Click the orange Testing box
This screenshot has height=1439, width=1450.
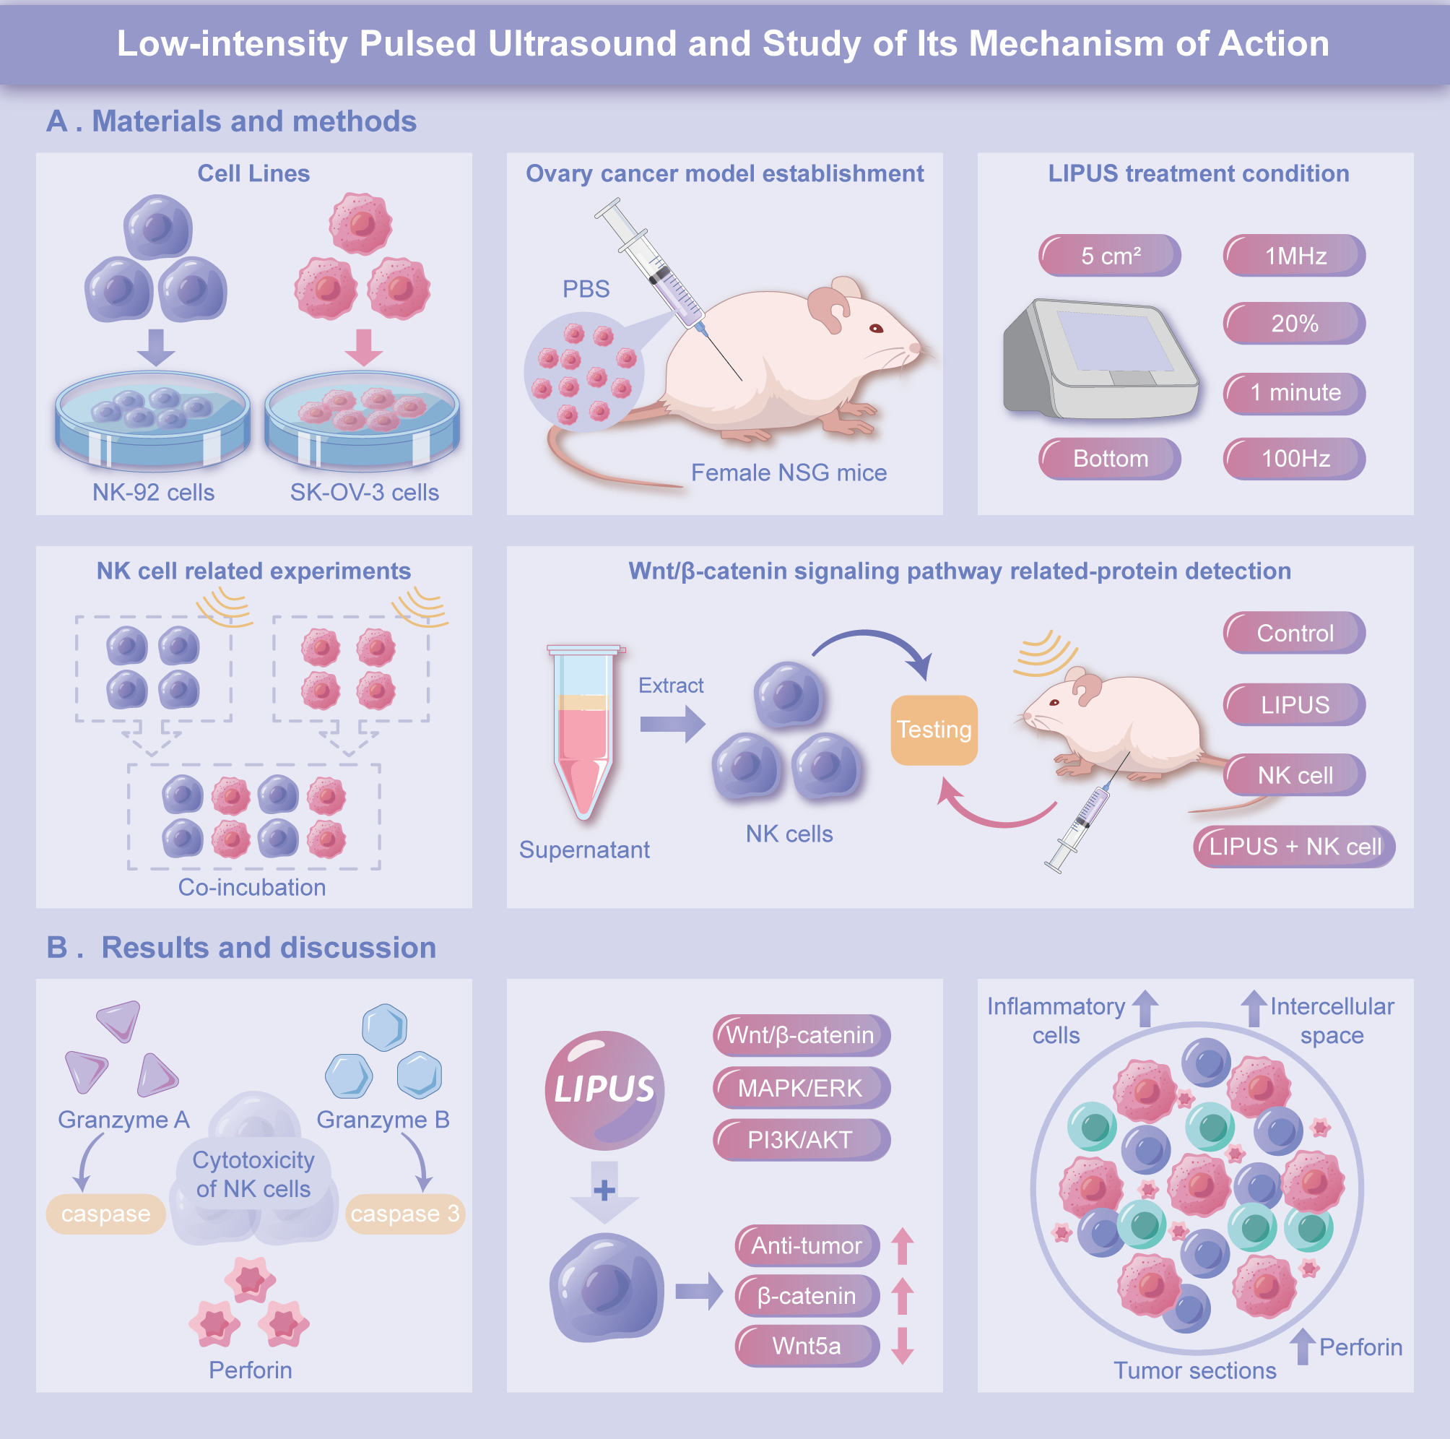point(934,730)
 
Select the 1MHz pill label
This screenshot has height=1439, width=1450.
point(1294,256)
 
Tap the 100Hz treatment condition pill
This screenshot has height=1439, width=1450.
point(1294,459)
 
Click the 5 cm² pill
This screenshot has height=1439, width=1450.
point(1109,256)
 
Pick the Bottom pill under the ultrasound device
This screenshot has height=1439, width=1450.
point(1109,459)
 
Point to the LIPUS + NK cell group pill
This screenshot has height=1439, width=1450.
point(1294,847)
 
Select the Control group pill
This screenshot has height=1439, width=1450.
point(1294,634)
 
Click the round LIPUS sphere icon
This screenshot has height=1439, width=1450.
point(604,1090)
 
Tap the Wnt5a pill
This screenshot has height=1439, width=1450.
point(807,1346)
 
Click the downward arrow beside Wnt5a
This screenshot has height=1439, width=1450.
point(902,1345)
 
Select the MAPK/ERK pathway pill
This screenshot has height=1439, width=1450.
point(801,1088)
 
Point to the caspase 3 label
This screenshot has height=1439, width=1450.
point(404,1214)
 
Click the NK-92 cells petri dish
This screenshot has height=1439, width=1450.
point(152,420)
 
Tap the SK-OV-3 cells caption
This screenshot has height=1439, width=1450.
point(364,493)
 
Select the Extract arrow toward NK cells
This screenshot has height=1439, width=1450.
point(672,725)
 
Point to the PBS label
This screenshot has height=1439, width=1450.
point(586,289)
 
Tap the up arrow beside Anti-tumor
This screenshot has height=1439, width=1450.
point(902,1246)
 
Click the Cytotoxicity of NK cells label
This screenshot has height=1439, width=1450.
point(253,1175)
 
